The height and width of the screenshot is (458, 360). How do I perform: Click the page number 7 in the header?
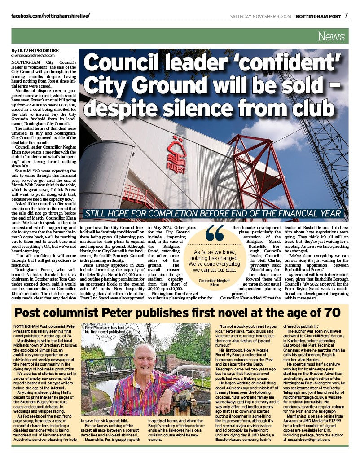(x=346, y=16)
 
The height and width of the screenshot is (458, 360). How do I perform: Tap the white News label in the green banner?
(x=331, y=36)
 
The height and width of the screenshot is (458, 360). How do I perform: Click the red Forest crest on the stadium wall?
(x=176, y=157)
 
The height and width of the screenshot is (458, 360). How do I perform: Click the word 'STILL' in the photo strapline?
(x=98, y=213)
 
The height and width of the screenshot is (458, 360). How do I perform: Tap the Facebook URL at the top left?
(x=50, y=16)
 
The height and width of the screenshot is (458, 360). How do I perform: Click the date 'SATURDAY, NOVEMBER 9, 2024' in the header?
(x=260, y=16)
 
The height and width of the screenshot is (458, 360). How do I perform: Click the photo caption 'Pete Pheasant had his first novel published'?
(x=104, y=330)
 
